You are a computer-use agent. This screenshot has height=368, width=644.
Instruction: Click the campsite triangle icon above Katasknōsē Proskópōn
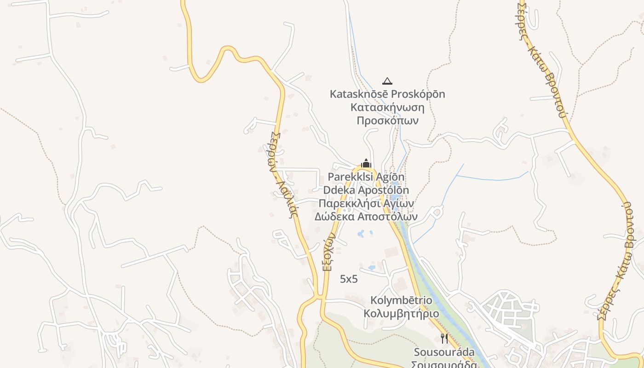tap(387, 81)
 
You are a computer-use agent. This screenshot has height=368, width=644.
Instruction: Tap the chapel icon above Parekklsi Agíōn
tap(366, 163)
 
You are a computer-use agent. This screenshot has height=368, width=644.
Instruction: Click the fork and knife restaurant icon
tap(444, 339)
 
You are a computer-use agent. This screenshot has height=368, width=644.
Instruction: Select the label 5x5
tap(349, 279)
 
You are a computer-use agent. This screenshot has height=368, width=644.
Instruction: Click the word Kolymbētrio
tap(401, 300)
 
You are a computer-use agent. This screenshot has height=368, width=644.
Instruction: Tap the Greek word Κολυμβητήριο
tap(401, 314)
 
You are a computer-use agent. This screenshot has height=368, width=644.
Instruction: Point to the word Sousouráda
tap(444, 352)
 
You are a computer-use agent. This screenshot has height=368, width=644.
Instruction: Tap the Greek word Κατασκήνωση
tap(387, 107)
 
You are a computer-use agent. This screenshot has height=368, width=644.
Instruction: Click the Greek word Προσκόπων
tap(387, 121)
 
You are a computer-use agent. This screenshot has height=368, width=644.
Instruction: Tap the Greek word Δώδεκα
tap(333, 216)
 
